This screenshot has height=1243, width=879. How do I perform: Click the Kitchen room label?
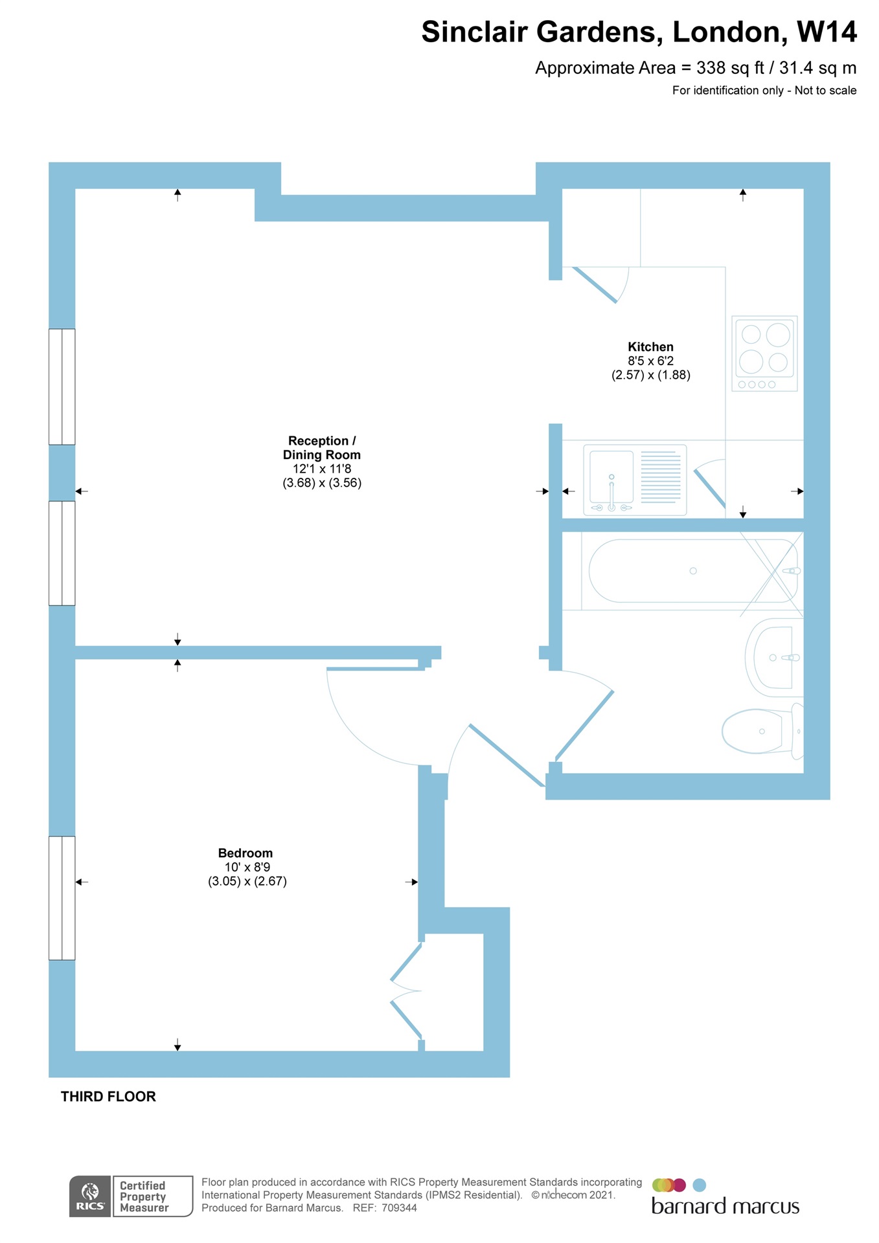tap(650, 347)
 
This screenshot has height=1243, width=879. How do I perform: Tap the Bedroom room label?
tap(245, 853)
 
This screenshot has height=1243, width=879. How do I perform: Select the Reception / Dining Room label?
tap(322, 448)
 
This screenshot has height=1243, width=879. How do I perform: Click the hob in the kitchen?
tap(764, 353)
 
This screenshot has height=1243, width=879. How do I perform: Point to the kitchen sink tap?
tap(611, 492)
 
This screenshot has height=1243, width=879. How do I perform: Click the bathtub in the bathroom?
tap(692, 571)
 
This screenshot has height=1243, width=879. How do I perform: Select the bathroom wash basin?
tap(772, 658)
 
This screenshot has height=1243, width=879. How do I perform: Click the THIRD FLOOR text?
tap(108, 1097)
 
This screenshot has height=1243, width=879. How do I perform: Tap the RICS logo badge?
tap(90, 1196)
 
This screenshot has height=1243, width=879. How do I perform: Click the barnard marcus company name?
tap(725, 1207)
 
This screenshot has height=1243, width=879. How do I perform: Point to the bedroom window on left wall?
tap(62, 898)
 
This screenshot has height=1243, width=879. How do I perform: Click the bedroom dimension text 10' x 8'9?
tap(247, 868)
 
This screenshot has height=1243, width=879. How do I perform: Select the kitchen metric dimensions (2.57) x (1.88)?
tap(650, 375)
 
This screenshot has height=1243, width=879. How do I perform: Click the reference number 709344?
tap(399, 1208)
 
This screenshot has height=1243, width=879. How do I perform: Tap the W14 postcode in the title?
tap(826, 32)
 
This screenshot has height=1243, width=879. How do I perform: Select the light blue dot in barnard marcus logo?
tap(699, 1185)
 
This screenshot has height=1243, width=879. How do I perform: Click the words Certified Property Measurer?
tap(144, 1196)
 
